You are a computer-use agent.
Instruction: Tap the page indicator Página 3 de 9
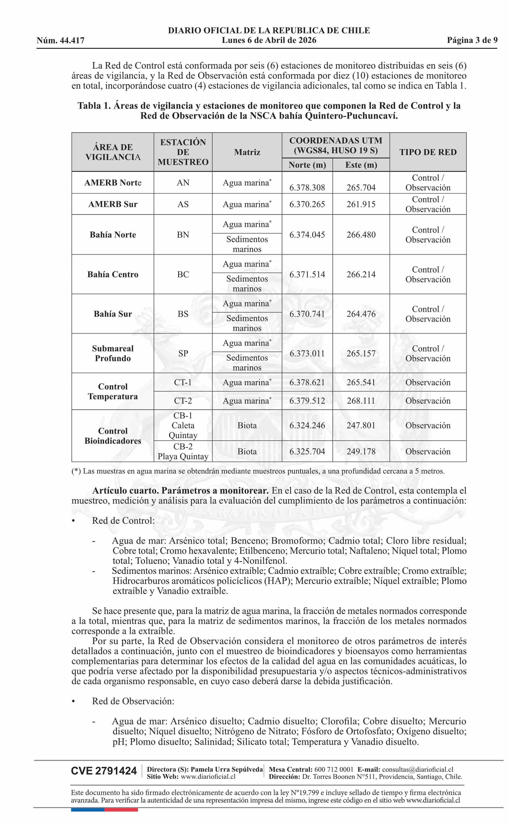(x=472, y=40)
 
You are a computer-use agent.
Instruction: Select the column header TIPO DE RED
(x=428, y=152)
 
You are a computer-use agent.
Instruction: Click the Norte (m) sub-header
(x=307, y=165)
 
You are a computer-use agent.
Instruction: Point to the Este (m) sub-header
(x=361, y=165)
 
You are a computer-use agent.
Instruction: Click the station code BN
(x=183, y=235)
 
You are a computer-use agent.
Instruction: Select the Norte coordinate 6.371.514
(x=307, y=274)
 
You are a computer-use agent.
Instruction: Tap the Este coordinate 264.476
(x=361, y=314)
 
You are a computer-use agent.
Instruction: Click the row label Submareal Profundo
(x=113, y=353)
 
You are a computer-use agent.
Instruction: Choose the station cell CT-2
(x=183, y=400)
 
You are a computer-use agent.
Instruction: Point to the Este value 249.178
(x=361, y=451)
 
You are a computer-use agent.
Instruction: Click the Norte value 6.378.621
(x=307, y=382)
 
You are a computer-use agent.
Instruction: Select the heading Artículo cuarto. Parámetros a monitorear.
(x=180, y=490)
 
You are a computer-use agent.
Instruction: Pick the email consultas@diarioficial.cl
(x=417, y=767)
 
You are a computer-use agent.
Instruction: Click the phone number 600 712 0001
(x=334, y=767)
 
